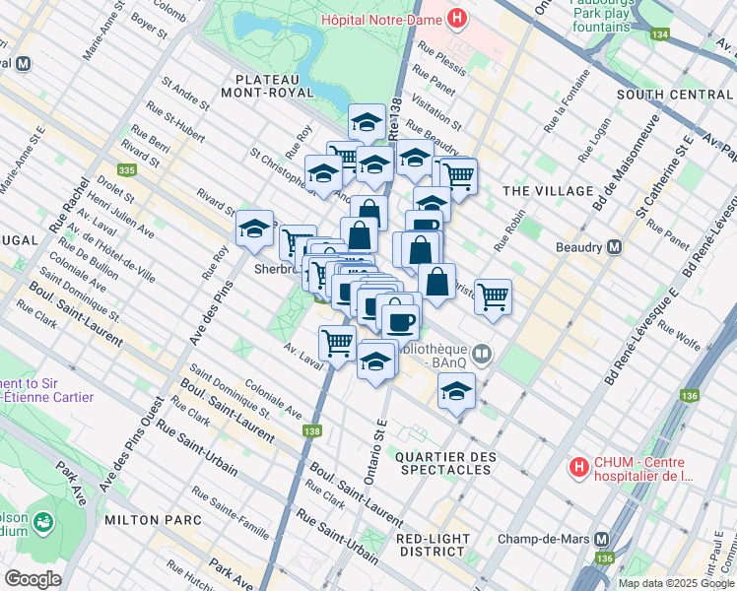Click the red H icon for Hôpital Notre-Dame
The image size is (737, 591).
457,17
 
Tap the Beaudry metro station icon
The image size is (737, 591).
614,246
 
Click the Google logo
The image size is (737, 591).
33,578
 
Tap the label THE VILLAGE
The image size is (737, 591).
547,191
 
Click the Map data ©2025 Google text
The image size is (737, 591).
676,583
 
